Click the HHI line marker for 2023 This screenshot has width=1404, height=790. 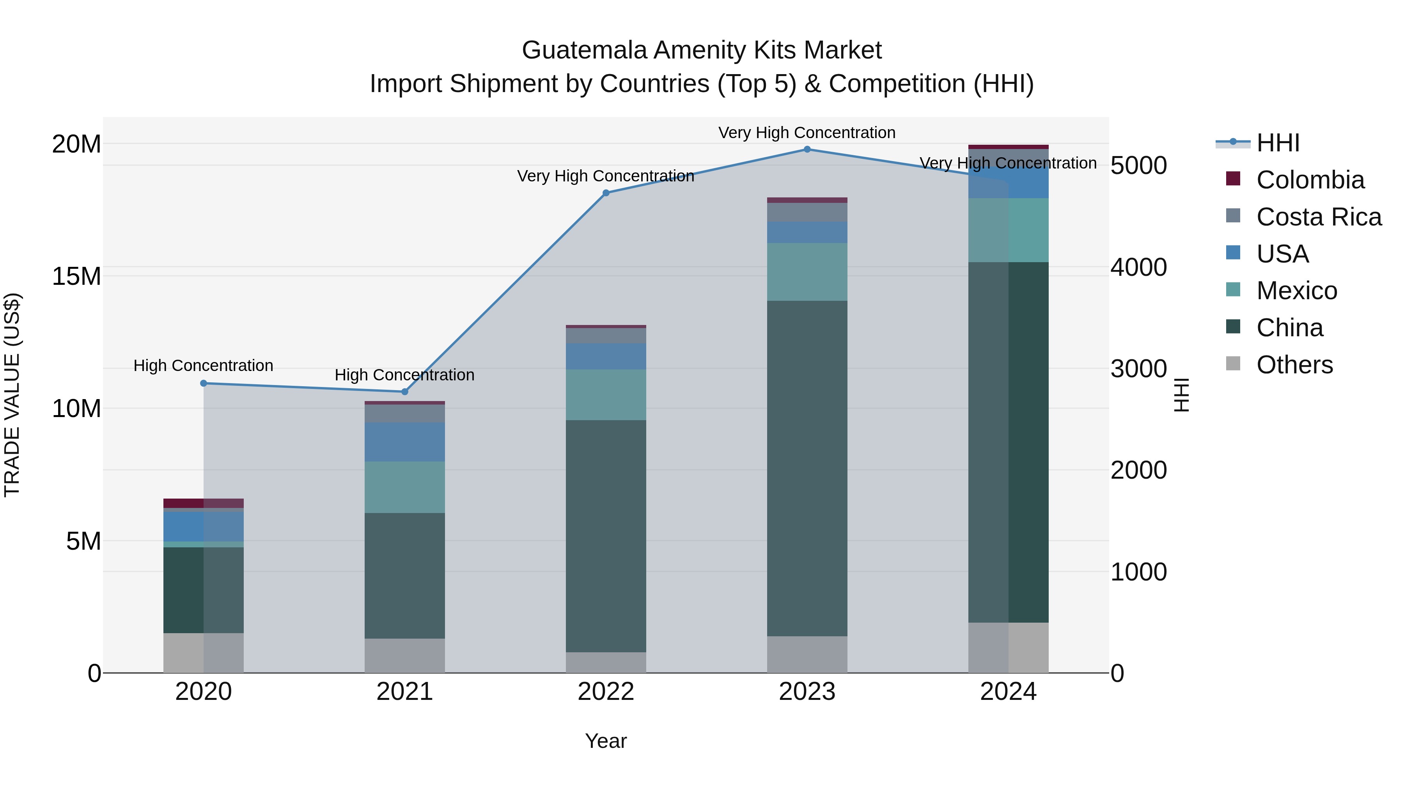(x=807, y=149)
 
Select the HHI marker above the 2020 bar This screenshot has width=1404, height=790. (x=204, y=383)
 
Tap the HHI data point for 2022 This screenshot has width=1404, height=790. (x=606, y=193)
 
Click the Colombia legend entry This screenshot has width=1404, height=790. (x=1310, y=180)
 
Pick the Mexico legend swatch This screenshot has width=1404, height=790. (x=1233, y=289)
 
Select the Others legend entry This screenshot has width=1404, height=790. (x=1294, y=365)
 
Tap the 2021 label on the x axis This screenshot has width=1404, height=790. (x=404, y=692)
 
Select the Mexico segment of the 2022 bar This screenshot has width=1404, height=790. (x=606, y=395)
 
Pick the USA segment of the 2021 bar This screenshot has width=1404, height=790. (x=404, y=442)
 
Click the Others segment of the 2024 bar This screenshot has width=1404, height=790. (x=1008, y=647)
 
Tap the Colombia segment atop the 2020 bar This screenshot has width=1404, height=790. (x=204, y=503)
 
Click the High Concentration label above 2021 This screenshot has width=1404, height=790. (x=404, y=375)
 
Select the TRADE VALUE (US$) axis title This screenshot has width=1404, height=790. (x=12, y=395)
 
